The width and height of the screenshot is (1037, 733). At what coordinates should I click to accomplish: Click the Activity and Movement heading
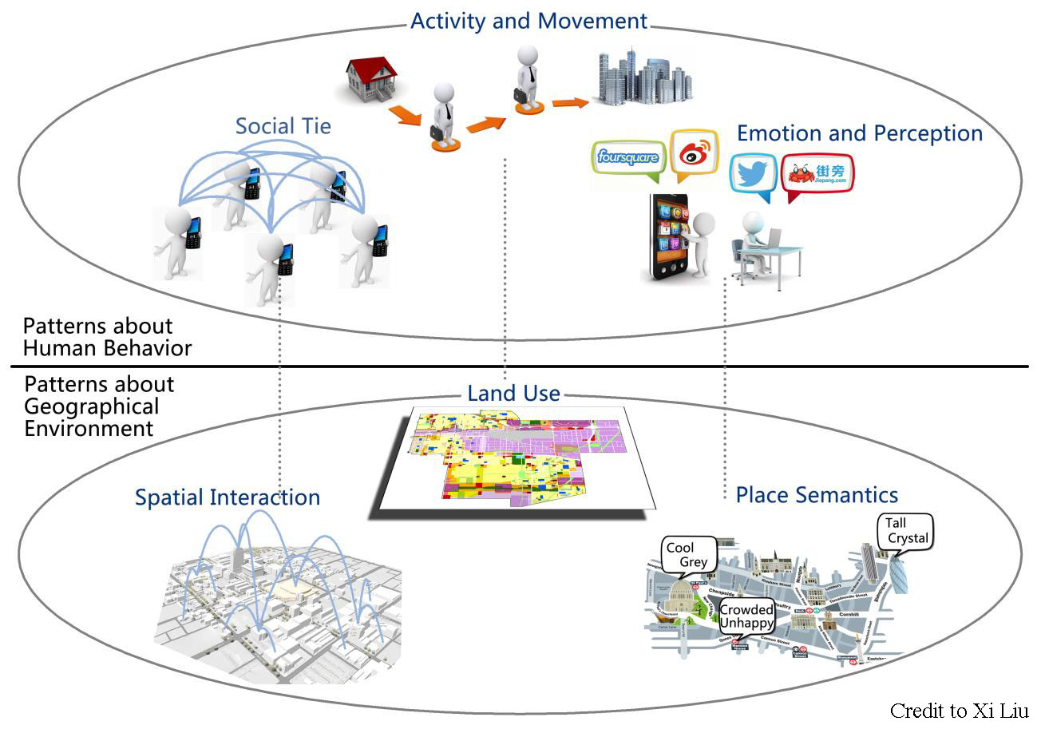[x=528, y=21]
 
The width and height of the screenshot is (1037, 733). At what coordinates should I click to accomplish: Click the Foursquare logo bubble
[x=628, y=157]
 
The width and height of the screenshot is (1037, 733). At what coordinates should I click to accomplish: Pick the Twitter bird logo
[x=753, y=174]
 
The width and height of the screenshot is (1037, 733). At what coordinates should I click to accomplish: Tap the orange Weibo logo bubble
[x=694, y=154]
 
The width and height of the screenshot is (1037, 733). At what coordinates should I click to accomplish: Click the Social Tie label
[x=283, y=126]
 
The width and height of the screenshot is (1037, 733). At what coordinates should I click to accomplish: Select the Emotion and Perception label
[x=859, y=133]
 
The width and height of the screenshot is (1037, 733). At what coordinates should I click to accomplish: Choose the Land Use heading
[x=513, y=393]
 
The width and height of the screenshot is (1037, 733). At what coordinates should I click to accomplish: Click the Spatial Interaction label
[x=228, y=497]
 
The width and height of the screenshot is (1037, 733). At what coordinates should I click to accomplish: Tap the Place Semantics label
[x=817, y=495]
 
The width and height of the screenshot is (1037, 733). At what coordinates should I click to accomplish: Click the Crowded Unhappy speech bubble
[x=746, y=616]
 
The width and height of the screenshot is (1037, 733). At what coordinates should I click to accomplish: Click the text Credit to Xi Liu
[x=960, y=711]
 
